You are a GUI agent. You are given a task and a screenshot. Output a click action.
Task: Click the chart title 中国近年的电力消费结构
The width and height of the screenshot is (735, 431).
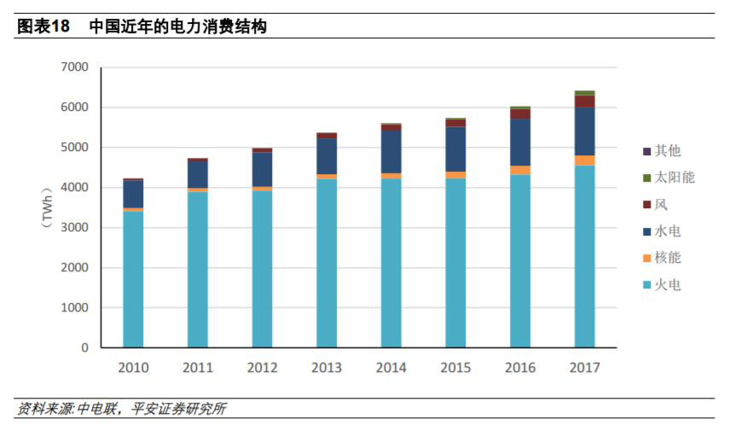coord(177,26)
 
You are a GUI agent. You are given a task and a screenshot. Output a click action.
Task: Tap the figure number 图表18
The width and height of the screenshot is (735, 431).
coord(43,26)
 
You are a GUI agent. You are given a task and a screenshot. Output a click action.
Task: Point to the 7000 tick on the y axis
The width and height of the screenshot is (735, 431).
coord(74,67)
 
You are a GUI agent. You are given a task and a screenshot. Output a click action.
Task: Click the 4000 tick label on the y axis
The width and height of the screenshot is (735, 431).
coord(74,188)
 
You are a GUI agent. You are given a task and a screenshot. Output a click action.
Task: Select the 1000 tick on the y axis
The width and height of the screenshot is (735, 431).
coord(74,308)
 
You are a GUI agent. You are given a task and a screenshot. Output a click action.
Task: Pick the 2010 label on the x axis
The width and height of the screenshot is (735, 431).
coord(133,368)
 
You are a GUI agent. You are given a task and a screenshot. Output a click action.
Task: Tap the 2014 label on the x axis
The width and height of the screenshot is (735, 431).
coord(391,368)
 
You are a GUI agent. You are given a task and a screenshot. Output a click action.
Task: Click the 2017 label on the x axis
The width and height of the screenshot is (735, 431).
coord(584,368)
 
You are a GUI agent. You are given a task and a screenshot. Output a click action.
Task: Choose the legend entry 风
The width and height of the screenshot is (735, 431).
coord(660,205)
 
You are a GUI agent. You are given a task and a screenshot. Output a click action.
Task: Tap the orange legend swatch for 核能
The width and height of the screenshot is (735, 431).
coord(647,259)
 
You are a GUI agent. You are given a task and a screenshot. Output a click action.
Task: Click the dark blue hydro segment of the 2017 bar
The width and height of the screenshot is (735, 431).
coord(584,131)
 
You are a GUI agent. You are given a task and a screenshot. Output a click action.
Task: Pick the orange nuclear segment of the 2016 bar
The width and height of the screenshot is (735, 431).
coord(520,171)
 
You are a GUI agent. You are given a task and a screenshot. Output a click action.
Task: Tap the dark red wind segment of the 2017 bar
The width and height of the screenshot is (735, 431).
coord(584,102)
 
